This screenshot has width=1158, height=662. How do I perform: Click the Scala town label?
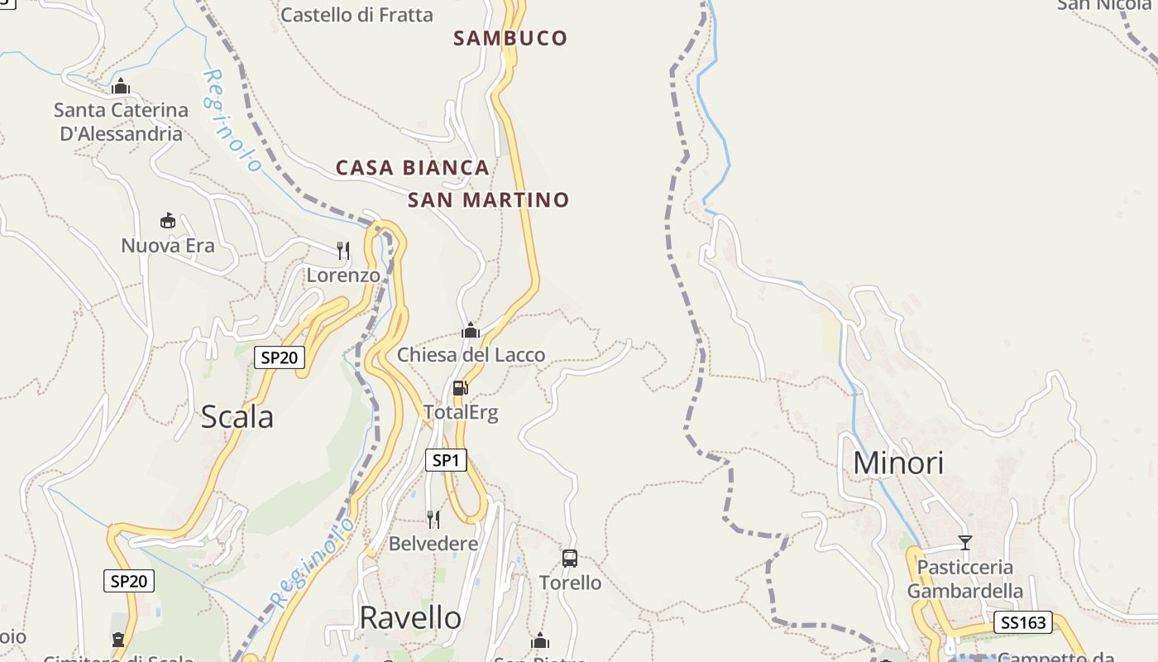click(237, 417)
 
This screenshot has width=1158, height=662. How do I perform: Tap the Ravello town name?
click(410, 617)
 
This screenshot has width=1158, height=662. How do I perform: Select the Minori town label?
click(897, 463)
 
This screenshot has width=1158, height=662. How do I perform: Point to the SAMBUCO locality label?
click(510, 38)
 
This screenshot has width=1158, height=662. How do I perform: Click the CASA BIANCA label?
click(412, 168)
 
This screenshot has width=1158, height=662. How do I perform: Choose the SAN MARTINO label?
click(488, 200)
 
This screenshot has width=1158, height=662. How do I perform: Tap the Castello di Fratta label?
click(356, 15)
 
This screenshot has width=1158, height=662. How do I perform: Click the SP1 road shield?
click(446, 460)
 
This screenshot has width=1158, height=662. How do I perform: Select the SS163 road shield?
click(1022, 622)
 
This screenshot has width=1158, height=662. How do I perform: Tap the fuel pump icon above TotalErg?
click(461, 387)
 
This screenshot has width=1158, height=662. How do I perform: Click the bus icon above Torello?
click(570, 559)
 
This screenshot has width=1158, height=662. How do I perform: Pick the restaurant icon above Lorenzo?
click(343, 250)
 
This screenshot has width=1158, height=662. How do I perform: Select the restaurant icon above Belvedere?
click(433, 519)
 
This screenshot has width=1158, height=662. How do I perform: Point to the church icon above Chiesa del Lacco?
click(471, 331)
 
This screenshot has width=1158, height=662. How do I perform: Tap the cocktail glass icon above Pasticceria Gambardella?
click(964, 543)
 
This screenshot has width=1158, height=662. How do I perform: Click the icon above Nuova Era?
click(168, 220)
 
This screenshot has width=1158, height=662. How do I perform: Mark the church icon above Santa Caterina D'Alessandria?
click(121, 85)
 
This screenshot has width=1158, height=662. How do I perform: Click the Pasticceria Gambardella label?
click(965, 579)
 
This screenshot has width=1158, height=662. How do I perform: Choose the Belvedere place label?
click(433, 544)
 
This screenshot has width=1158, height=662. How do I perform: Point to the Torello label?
click(571, 583)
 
